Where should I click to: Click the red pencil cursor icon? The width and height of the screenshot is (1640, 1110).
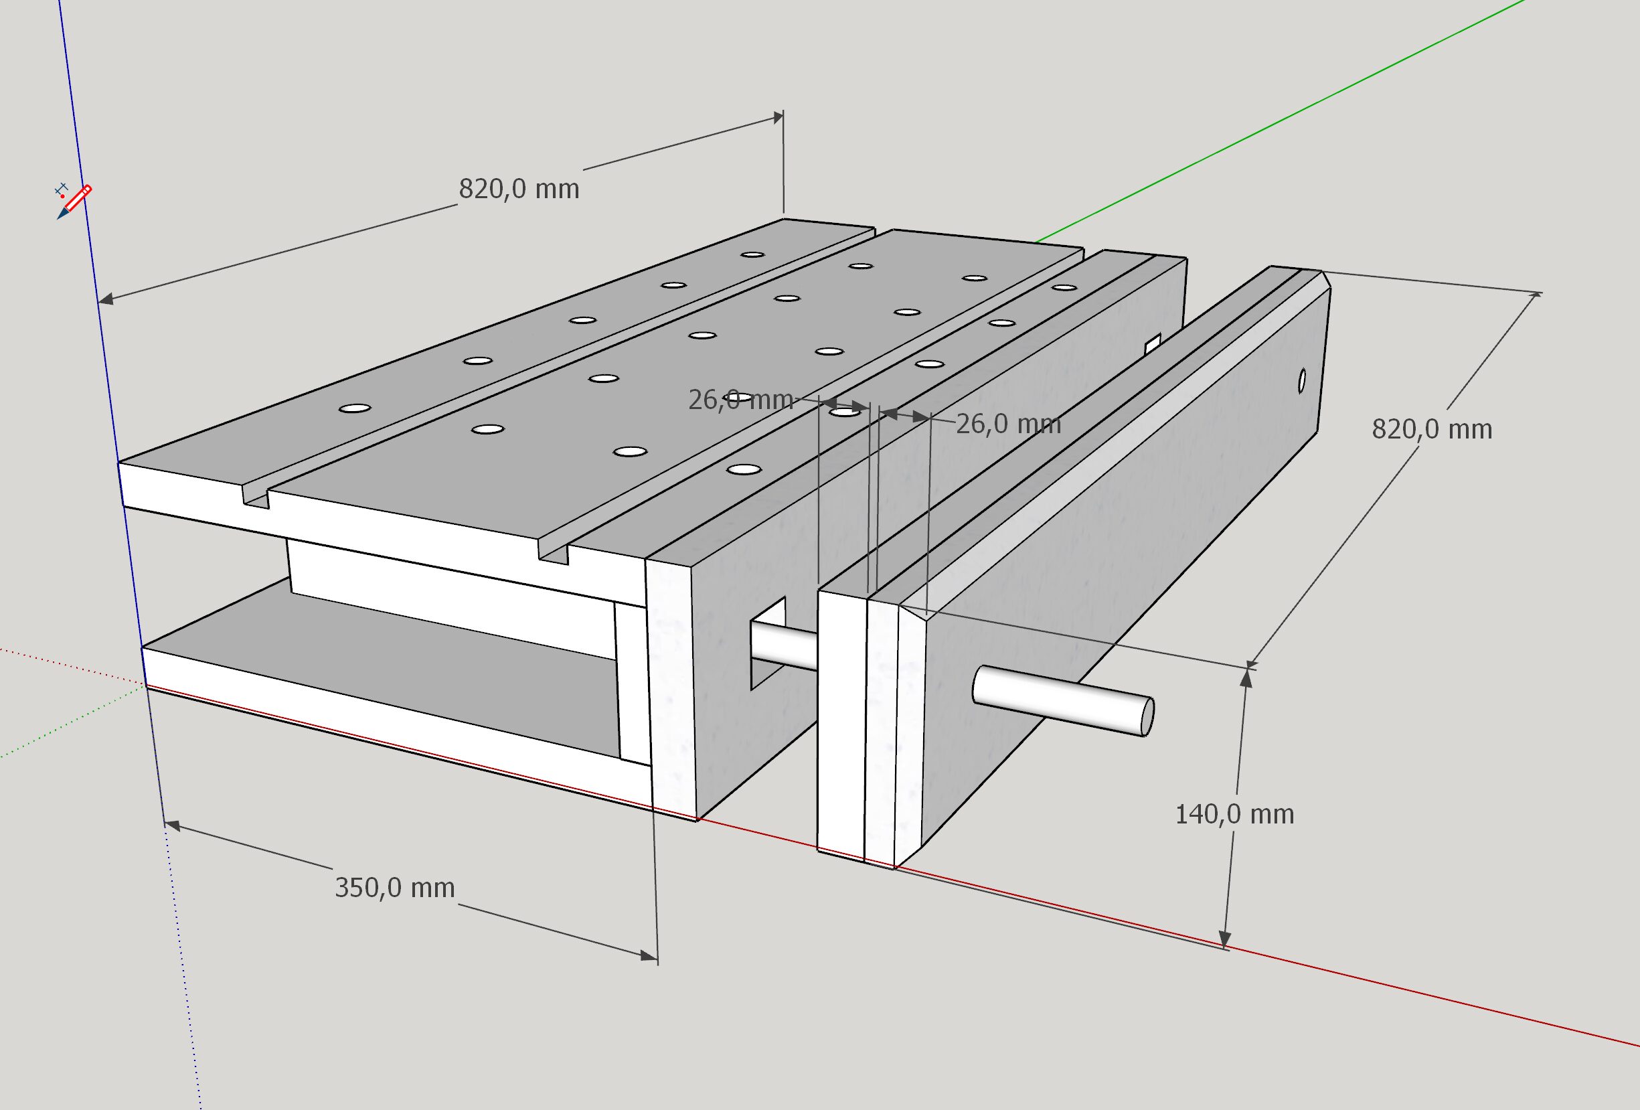(76, 200)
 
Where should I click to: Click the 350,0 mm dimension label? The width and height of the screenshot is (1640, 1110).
(394, 888)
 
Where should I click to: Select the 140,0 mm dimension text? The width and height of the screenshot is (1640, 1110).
(1234, 814)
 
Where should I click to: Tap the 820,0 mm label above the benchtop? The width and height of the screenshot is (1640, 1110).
(519, 189)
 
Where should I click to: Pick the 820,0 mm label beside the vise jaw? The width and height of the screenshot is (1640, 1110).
(1431, 429)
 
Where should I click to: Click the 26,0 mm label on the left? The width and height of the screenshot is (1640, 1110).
(740, 400)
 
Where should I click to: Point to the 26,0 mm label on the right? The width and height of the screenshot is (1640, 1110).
(1007, 424)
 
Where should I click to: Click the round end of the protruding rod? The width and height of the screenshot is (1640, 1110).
(1147, 717)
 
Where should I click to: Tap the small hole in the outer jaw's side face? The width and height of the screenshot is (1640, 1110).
(1302, 381)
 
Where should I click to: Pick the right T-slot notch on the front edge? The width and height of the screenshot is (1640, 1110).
(554, 552)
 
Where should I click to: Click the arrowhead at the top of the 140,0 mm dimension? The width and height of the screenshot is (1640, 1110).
(1246, 678)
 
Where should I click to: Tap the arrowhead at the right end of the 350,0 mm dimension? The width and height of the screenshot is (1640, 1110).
(649, 956)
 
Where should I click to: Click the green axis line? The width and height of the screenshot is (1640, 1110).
(1270, 120)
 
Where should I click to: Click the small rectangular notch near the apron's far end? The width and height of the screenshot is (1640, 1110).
(1153, 343)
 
